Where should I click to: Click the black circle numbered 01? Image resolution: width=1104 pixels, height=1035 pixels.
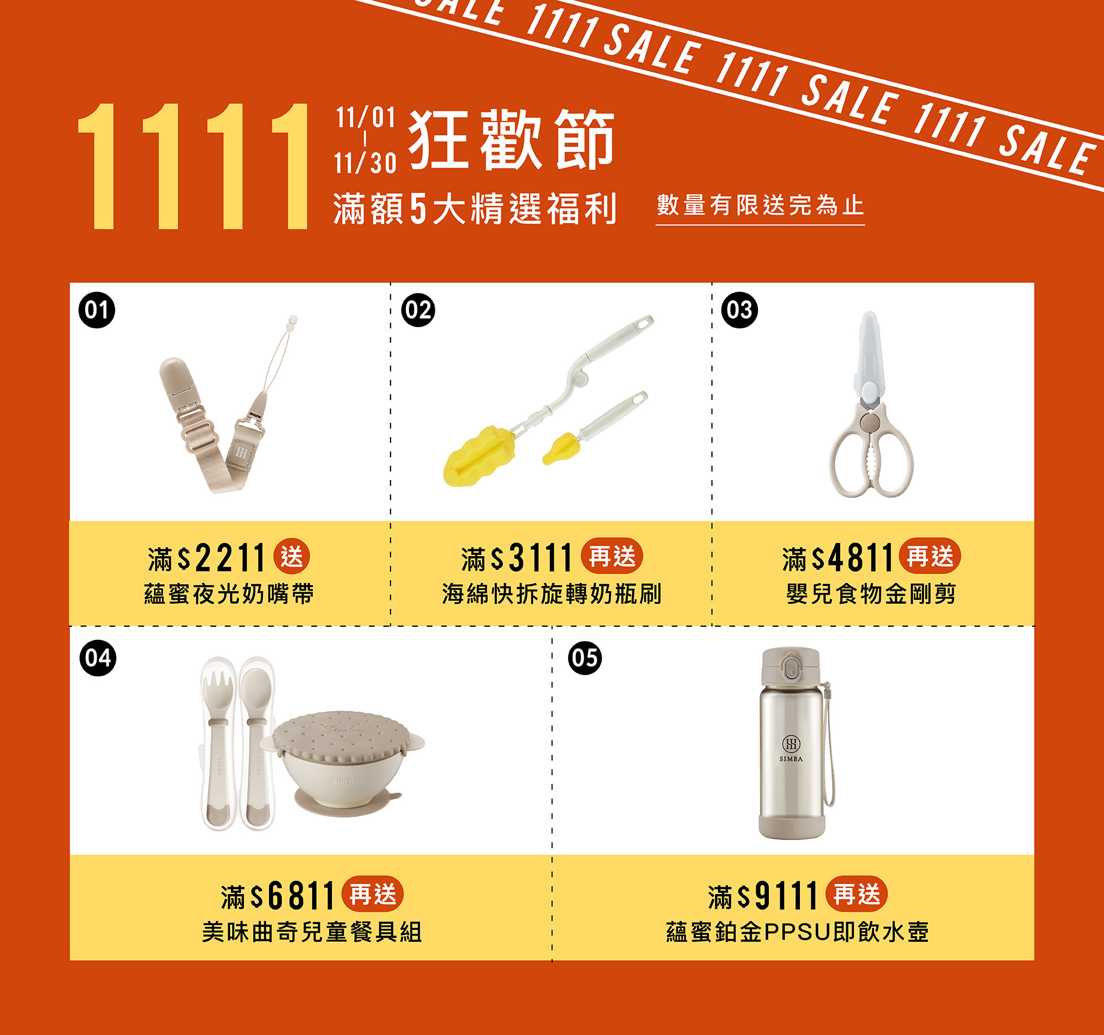pos(97,310)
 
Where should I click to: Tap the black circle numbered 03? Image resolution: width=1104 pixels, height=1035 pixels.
pos(739,310)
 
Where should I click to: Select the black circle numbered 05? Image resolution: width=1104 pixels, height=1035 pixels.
pos(585,658)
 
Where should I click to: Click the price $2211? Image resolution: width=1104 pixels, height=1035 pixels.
pos(221,557)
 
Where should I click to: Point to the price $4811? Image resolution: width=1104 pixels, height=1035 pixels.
pos(853,557)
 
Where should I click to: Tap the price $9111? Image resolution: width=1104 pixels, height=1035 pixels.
pos(777,895)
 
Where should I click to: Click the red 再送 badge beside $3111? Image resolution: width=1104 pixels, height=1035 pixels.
pos(612,557)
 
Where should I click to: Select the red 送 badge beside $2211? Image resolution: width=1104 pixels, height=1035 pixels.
pos(292,557)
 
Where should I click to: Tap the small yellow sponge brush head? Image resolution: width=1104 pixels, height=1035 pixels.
pos(560,449)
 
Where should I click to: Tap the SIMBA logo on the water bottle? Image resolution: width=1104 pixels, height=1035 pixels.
pos(791,748)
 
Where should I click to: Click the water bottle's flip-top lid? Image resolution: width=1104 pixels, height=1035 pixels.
pos(790,667)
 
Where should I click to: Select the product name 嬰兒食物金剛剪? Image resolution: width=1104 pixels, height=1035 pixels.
pos(871,594)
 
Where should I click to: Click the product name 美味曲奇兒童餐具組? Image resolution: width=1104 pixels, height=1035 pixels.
pos(312,932)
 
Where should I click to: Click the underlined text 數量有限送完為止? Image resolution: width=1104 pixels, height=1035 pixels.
pos(760,205)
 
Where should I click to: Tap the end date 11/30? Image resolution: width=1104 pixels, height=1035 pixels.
pos(366,163)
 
